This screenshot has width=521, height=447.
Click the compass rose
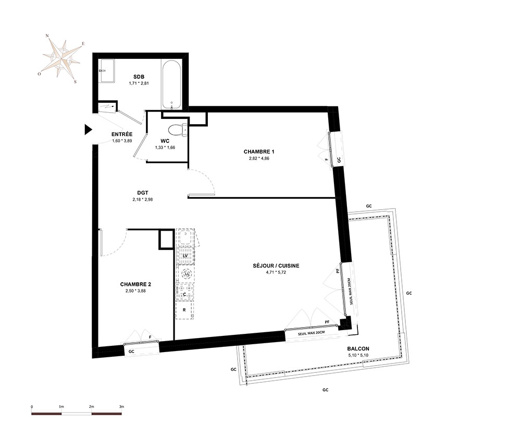[x=62, y=58]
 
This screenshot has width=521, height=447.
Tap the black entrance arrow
[x=88, y=129]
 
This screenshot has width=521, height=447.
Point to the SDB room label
[x=139, y=77]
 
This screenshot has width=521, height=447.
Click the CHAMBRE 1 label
[x=259, y=152]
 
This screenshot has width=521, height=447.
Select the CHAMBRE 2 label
[x=135, y=284]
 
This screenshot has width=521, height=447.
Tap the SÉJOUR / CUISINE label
[x=276, y=265]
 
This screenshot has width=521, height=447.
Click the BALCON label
[x=358, y=349]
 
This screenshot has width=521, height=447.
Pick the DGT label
[x=143, y=192]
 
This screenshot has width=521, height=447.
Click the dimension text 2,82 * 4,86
[x=259, y=159]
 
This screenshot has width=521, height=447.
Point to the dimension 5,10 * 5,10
[x=358, y=355]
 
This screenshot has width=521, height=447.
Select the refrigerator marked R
[x=184, y=310]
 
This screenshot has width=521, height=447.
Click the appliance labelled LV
[x=185, y=256]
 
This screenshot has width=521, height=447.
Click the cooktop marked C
[x=185, y=292]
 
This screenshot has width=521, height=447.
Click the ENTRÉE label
[x=122, y=135]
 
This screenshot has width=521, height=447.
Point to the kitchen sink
[x=185, y=237]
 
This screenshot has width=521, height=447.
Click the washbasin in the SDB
[x=106, y=71]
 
